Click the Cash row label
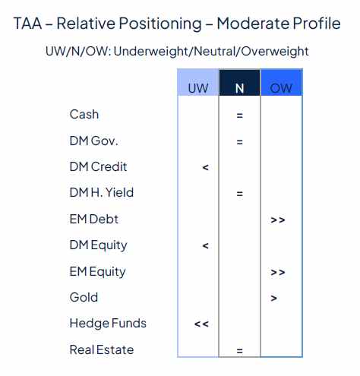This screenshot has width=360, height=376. pyautogui.click(x=84, y=115)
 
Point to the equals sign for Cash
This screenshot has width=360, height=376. pyautogui.click(x=239, y=115)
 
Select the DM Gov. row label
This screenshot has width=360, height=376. pyautogui.click(x=94, y=141)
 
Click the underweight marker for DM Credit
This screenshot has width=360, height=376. pyautogui.click(x=205, y=167)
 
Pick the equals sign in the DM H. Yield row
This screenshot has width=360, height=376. pyautogui.click(x=239, y=194)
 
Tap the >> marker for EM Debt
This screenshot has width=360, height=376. pyautogui.click(x=277, y=220)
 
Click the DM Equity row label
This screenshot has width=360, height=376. pyautogui.click(x=99, y=245)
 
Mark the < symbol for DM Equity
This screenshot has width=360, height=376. pyautogui.click(x=205, y=245)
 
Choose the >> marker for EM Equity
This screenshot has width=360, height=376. pyautogui.click(x=277, y=272)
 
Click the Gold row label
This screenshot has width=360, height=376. pyautogui.click(x=84, y=298)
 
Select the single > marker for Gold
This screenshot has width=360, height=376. pyautogui.click(x=273, y=298)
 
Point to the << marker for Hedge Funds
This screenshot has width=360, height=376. pyautogui.click(x=201, y=324)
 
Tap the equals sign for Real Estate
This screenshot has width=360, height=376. pyautogui.click(x=239, y=351)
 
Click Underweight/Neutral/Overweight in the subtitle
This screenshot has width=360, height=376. pyautogui.click(x=211, y=52)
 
